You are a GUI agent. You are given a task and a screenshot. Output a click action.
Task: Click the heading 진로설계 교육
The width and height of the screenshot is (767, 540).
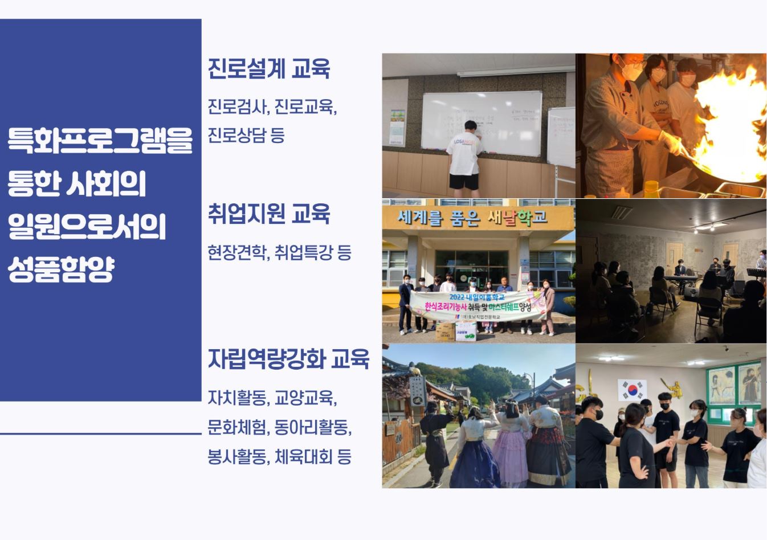point(269,69)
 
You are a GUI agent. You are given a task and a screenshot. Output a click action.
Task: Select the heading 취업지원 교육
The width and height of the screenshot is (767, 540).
point(269,214)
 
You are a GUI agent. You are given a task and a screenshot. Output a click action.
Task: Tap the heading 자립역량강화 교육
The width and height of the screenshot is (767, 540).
point(289,359)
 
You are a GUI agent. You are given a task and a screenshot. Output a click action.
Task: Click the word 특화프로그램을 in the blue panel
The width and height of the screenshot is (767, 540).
point(100,141)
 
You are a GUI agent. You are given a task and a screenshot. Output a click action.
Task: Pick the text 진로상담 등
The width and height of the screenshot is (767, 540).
point(246,136)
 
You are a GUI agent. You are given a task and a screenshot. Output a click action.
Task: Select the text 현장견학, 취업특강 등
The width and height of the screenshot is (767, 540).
point(279,252)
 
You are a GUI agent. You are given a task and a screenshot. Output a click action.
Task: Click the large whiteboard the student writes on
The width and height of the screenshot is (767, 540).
point(482,122)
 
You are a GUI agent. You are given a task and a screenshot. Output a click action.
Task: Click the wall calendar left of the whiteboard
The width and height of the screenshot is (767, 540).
point(397,126)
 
